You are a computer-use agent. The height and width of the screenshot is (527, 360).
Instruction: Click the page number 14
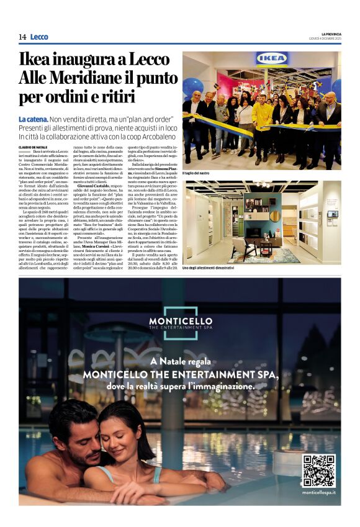click(22, 37)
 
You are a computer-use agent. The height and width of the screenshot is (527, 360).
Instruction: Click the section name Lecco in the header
click(39, 37)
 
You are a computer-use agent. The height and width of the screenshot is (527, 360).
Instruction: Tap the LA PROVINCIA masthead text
click(328, 34)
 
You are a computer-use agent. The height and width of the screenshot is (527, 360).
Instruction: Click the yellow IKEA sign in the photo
click(272, 59)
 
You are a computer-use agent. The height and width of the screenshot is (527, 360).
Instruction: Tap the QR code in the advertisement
click(318, 471)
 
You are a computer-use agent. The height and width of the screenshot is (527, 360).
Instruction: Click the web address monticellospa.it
click(318, 492)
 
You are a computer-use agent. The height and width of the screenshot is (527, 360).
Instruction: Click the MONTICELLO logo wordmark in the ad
click(180, 321)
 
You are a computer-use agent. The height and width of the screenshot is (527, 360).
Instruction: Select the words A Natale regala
click(180, 362)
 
